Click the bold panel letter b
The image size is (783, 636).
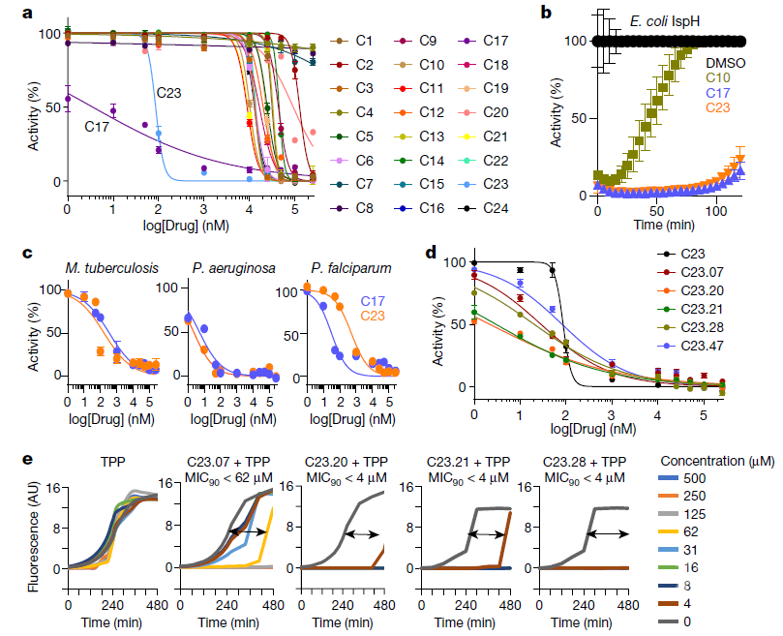(547, 13)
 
